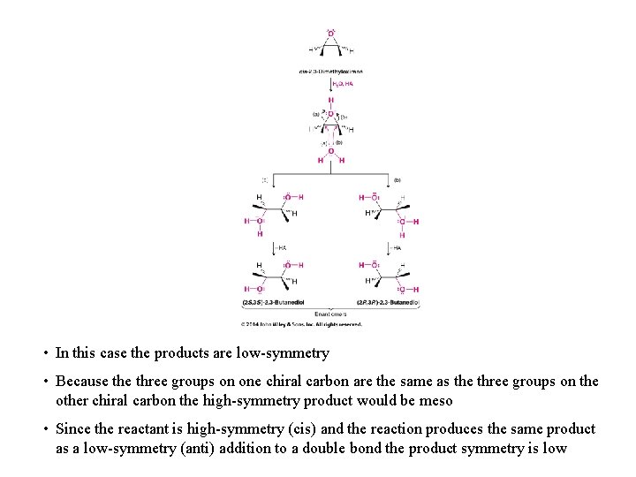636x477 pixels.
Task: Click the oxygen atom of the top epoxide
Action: click(x=331, y=34)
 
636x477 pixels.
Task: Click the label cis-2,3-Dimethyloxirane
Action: click(x=331, y=72)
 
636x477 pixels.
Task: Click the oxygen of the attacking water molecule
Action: click(x=331, y=151)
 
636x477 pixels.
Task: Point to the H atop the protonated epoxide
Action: click(x=331, y=101)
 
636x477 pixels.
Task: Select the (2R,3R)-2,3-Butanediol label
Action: click(x=388, y=303)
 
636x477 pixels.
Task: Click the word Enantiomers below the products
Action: click(x=331, y=314)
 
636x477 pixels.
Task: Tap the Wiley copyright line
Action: click(x=302, y=324)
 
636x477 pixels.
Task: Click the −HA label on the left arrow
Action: click(x=284, y=248)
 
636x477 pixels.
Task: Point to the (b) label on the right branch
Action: click(x=397, y=179)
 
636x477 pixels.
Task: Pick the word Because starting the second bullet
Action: click(x=83, y=382)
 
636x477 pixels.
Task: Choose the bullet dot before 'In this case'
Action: click(x=44, y=353)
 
